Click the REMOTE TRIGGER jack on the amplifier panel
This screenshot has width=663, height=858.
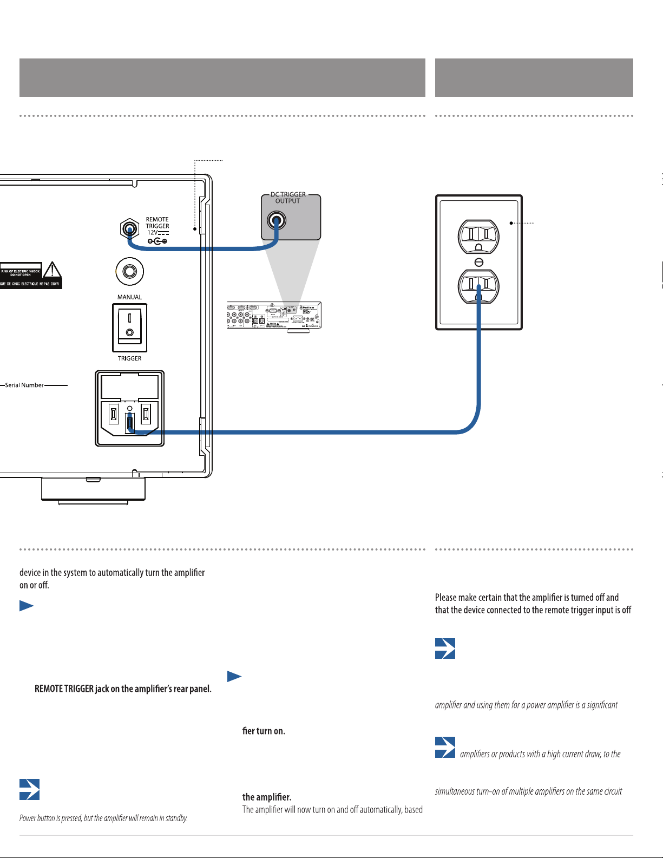[129, 229]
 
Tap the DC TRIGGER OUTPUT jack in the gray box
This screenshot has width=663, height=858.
[277, 220]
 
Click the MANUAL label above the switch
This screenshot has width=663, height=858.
[129, 297]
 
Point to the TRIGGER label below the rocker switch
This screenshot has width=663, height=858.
[129, 358]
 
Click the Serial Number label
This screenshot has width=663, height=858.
[24, 385]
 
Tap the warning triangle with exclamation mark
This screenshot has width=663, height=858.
[52, 270]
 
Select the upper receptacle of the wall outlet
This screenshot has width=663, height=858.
[478, 237]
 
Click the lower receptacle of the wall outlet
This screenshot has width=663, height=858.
[478, 286]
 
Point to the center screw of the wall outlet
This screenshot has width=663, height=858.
[478, 262]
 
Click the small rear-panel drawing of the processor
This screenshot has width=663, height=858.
[274, 315]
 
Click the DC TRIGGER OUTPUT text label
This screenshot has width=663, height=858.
[288, 198]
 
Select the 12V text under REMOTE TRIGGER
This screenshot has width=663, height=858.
[152, 233]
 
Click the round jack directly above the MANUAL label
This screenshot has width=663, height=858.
[129, 271]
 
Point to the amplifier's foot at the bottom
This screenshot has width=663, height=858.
[93, 489]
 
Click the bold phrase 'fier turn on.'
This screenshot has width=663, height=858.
[264, 731]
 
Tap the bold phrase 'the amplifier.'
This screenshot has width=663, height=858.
[267, 797]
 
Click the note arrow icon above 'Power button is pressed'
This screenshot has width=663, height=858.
[29, 789]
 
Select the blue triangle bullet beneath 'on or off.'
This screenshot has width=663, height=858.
[27, 606]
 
